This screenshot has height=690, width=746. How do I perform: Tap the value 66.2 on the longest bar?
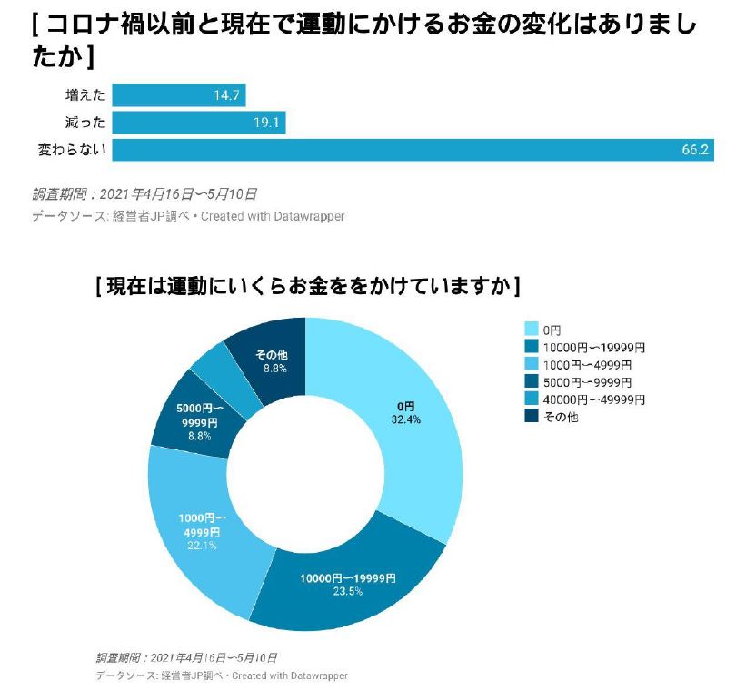[x=694, y=150]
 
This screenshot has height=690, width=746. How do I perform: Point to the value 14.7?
[x=226, y=95]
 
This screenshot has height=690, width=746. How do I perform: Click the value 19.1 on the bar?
[x=266, y=123]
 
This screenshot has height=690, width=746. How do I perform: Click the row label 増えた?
[x=85, y=95]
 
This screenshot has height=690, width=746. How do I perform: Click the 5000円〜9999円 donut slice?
[x=191, y=422]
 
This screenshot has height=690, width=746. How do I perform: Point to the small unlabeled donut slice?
[x=218, y=372]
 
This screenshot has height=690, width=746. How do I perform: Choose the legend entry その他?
[x=560, y=417]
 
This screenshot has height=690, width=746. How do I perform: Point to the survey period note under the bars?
[x=144, y=193]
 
